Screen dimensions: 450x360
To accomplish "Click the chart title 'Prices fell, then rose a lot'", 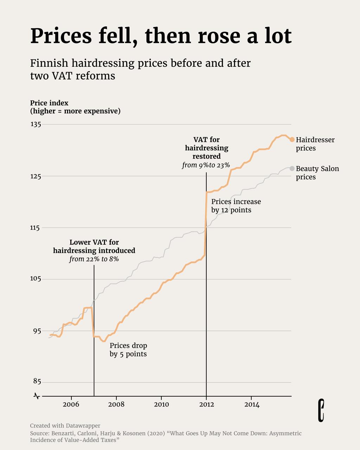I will tap(161, 36).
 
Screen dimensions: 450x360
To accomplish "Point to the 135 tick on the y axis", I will tap(36, 124).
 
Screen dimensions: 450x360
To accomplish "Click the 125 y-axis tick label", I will tap(36, 176).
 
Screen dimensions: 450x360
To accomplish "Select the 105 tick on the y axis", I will tap(36, 279).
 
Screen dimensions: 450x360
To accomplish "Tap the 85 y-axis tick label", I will tap(37, 381).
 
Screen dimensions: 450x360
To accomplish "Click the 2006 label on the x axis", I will tap(71, 405).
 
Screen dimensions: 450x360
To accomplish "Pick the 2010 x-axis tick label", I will tap(161, 405).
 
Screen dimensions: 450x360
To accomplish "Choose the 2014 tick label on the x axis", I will tap(252, 405).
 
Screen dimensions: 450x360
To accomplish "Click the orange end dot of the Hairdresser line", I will tap(292, 140).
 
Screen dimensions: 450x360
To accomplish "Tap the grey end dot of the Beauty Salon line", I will tap(292, 168).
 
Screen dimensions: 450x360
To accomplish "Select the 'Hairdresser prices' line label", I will tap(315, 144).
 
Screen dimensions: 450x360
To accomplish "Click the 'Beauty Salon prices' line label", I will tap(317, 173).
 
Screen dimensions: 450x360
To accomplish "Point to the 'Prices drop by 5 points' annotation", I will tap(128, 349).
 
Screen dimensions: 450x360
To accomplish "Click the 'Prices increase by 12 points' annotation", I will tap(236, 206).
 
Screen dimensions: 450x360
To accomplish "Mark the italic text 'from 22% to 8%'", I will tap(94, 259).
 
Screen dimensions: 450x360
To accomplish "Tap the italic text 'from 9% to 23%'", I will tap(206, 165).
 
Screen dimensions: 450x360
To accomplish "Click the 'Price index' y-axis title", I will tap(49, 103).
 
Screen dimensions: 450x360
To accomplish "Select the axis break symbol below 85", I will tap(37, 396).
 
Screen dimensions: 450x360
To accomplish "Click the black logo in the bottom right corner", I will tap(321, 410).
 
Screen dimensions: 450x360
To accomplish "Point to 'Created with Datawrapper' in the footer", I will tap(65, 426).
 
